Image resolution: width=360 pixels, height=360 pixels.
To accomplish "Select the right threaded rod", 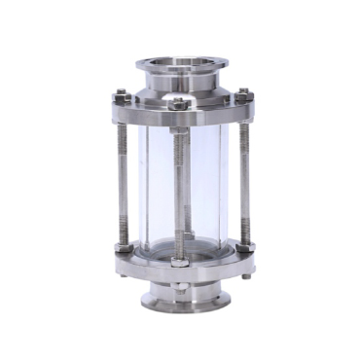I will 244,170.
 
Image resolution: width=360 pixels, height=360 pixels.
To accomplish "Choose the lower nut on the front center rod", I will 181,261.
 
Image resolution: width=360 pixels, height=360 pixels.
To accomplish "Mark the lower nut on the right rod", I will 244,245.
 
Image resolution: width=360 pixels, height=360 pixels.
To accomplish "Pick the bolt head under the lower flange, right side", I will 246,275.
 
